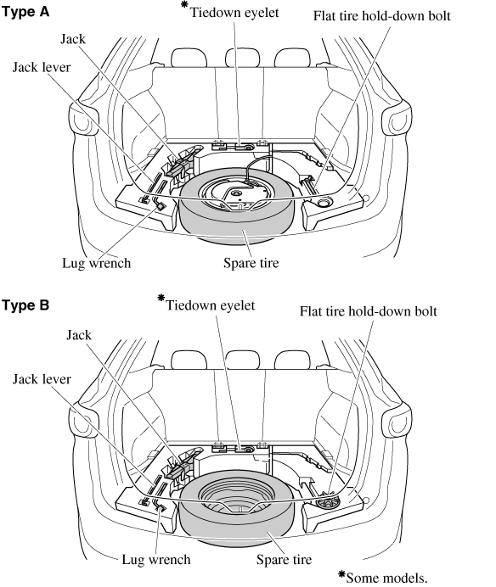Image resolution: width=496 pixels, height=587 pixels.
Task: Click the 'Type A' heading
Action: [25, 12]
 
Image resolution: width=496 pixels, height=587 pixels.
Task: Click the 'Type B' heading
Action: [25, 305]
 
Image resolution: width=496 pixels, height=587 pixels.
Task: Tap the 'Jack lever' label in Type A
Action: [42, 67]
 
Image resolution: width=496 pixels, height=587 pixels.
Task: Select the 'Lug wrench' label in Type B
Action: [156, 560]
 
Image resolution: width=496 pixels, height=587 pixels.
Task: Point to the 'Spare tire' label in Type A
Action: [251, 263]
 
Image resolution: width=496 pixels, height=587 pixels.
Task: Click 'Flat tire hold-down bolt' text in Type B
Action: [368, 311]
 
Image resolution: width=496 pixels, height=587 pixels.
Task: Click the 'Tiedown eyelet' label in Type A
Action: [234, 13]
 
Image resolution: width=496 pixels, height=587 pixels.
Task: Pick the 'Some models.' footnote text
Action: [386, 578]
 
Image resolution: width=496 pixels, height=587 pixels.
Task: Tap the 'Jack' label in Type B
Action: [79, 335]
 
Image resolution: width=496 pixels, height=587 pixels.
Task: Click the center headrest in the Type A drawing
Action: [243, 58]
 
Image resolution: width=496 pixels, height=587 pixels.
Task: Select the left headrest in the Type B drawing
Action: [189, 361]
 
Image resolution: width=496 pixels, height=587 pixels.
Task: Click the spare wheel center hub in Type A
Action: [236, 193]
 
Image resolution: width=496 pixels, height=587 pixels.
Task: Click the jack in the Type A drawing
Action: [180, 165]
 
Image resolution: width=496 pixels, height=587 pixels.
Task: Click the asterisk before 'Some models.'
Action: [341, 574]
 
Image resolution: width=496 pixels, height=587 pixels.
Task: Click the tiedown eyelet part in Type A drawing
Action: [244, 147]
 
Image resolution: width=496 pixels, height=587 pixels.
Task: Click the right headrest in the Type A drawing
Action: [292, 58]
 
